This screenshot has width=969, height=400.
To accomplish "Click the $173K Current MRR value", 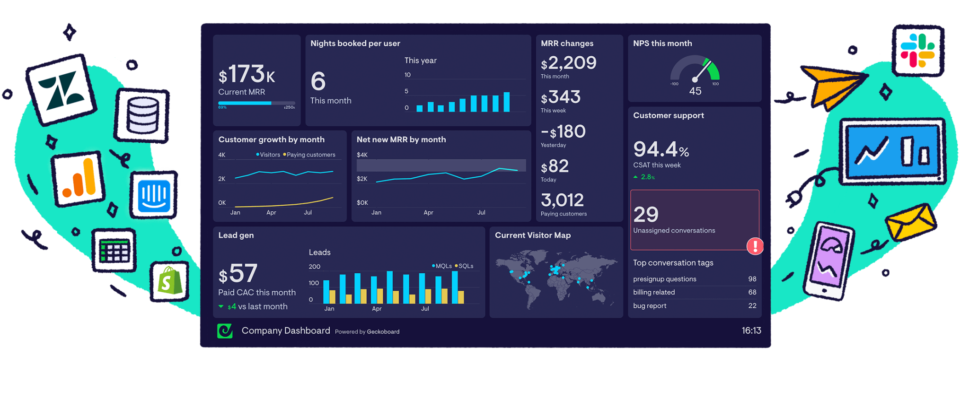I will coord(247,75).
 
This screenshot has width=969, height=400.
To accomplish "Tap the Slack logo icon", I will coord(917,51).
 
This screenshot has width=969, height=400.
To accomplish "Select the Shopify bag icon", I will coord(169,281).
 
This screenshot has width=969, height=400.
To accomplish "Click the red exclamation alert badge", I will coord(755,246).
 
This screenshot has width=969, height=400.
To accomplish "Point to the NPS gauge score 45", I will coord(695,91).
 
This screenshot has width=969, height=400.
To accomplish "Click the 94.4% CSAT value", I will coord(661,150).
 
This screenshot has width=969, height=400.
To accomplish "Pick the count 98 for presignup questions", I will coord(752,279).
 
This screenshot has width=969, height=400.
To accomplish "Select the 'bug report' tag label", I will coord(650,306).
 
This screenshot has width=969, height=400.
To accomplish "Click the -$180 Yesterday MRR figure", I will coord(563,132).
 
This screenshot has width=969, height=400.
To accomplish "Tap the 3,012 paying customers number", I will coord(562,200).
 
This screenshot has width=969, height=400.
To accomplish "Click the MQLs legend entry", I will coord(442,266).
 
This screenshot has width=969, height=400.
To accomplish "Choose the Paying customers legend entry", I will coord(309,155).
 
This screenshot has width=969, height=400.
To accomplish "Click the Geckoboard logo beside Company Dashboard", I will coord(225,331).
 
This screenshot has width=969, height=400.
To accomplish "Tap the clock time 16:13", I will coord(751,330).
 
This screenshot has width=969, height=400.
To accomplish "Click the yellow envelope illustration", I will coord(910,222).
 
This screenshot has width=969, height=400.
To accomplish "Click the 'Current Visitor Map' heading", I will coord(532,235).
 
